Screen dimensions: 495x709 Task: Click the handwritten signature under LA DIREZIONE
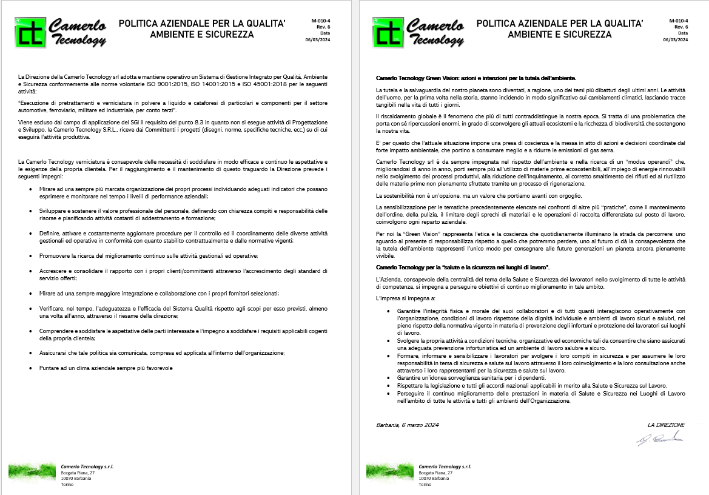659,439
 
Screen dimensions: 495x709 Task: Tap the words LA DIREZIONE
666,425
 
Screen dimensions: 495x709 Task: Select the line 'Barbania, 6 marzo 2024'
407,425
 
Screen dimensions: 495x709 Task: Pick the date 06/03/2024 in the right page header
676,39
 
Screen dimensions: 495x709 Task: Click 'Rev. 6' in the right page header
681,27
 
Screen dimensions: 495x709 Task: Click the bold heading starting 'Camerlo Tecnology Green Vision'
476,78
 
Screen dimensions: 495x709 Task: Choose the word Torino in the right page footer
425,485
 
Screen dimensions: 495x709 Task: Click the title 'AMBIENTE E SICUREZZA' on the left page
202,35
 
